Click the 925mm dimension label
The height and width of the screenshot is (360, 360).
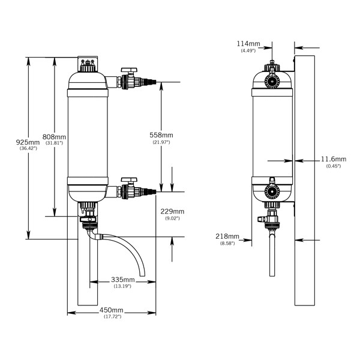pos(28,142)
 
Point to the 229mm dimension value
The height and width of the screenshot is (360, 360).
pos(172,211)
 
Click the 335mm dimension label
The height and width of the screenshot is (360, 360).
pos(122,280)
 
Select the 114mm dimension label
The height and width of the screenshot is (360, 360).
pos(248,44)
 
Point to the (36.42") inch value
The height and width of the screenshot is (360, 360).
pos(28,148)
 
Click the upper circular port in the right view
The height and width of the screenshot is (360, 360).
pos(272,82)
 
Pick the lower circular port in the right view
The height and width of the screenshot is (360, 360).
pos(272,194)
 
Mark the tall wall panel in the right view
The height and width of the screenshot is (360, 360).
pos(305,180)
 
